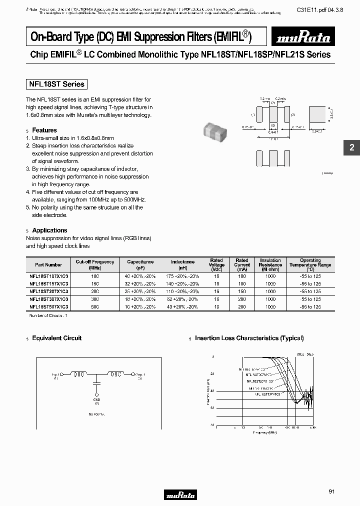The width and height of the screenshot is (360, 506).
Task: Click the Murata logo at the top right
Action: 302,37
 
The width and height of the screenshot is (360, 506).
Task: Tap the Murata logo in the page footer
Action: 180,495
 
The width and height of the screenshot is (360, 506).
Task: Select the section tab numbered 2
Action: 351,147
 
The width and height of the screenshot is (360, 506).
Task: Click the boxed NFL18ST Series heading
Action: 56,84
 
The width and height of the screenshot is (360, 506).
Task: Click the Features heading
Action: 44,130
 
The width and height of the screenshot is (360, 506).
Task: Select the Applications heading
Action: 49,230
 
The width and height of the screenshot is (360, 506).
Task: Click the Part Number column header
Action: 48,264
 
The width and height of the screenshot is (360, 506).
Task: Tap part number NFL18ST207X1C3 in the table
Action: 48,291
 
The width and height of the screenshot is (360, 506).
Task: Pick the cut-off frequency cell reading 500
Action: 95,306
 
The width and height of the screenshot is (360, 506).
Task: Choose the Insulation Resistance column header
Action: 270,263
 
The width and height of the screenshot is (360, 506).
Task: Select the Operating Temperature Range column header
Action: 310,263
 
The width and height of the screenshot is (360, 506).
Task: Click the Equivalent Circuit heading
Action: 56,338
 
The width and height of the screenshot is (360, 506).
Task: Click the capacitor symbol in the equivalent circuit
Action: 96,384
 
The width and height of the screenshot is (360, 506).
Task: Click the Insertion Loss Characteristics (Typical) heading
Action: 249,338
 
